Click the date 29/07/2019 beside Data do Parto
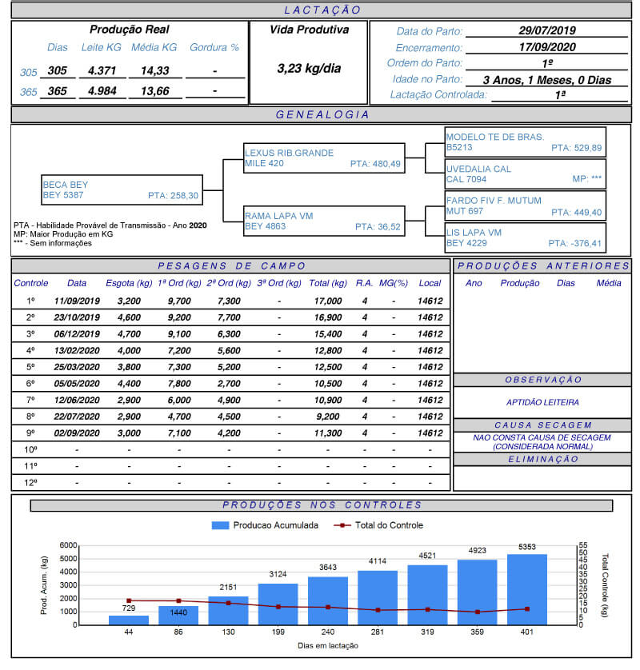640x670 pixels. (x=547, y=30)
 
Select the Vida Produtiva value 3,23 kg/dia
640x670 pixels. (x=309, y=68)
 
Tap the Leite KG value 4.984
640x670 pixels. (x=102, y=91)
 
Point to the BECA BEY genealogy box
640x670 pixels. (x=120, y=189)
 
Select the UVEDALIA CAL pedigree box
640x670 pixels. (x=525, y=174)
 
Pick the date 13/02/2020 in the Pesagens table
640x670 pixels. (x=77, y=350)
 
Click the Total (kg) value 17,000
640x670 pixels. (x=328, y=301)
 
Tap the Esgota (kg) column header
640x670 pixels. (x=129, y=283)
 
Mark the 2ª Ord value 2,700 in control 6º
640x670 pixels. (x=229, y=383)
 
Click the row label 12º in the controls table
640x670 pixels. (x=31, y=482)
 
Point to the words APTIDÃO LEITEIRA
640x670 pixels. (x=542, y=402)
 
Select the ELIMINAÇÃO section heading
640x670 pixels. (x=542, y=460)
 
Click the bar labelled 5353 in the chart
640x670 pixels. (x=527, y=589)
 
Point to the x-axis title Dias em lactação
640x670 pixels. (x=328, y=645)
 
